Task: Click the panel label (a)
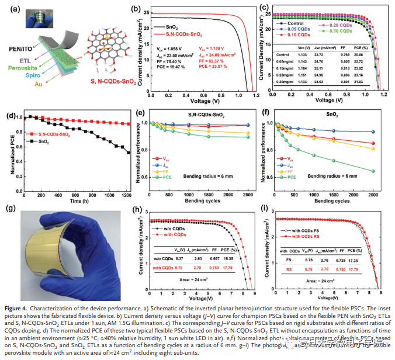[9, 8]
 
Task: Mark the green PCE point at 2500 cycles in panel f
[372, 171]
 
